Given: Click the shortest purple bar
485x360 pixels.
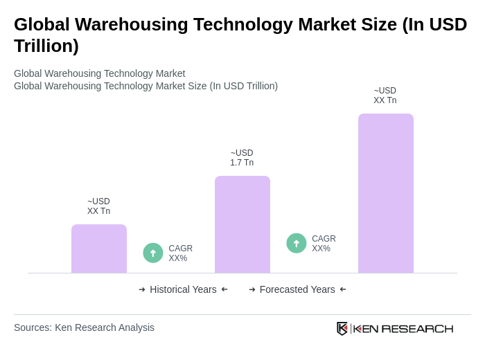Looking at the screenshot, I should [99, 249].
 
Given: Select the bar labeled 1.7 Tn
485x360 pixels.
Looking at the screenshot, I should [242, 224].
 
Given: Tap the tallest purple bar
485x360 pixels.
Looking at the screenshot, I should [386, 193].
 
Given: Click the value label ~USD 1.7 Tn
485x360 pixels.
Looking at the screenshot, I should [242, 158].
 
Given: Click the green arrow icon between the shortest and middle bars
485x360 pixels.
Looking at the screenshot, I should [153, 253].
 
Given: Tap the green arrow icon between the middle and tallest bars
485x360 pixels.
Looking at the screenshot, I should [297, 243].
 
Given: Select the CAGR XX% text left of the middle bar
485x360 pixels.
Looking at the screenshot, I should [180, 253].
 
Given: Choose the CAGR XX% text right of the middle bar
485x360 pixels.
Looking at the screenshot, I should [324, 244].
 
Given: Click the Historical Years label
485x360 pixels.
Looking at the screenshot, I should [183, 289].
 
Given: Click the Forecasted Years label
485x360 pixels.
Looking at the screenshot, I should [297, 289].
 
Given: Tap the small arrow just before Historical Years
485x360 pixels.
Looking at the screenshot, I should [142, 289].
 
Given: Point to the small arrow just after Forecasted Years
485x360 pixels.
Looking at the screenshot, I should [343, 289].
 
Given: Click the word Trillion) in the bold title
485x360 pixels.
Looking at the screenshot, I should [46, 46].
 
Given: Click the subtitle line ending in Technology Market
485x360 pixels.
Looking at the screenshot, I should [99, 73].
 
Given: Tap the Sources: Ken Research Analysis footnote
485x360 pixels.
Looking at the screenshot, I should [84, 327].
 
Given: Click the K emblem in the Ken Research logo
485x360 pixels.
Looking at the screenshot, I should [342, 328].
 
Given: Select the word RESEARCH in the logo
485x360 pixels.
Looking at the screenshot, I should [417, 328].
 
